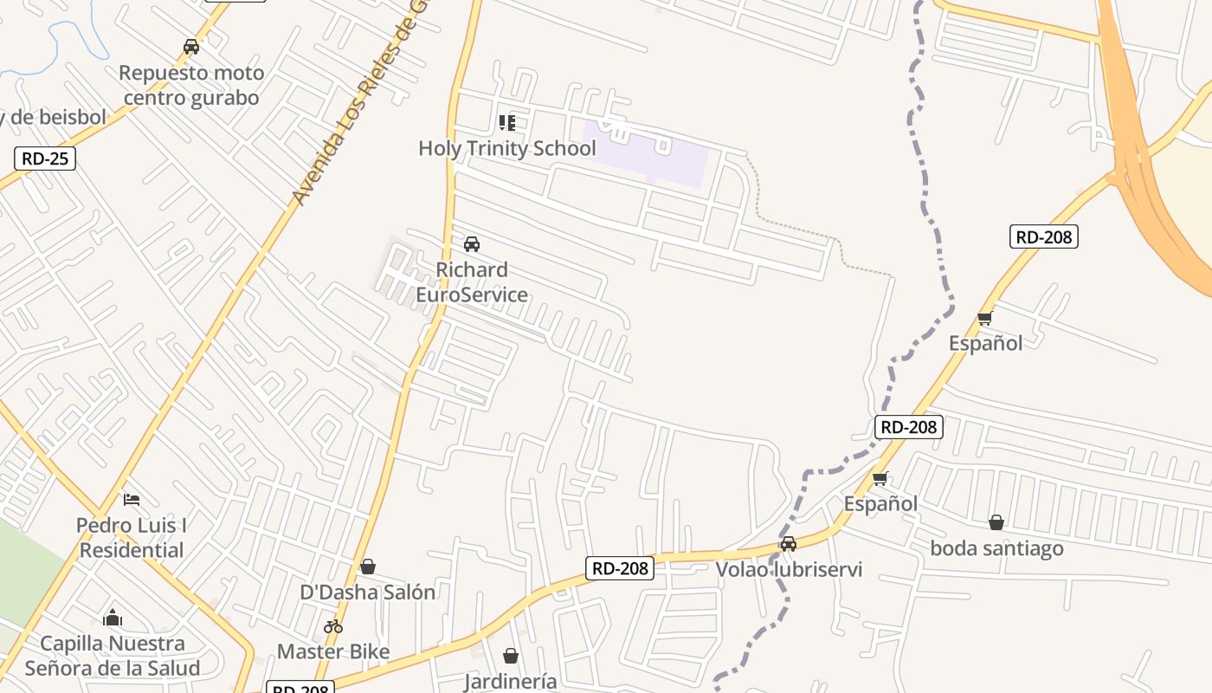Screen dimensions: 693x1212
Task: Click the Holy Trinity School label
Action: pos(507,148)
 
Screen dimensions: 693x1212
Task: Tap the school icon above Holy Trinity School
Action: pos(507,123)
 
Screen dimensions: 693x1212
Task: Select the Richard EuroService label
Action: pos(472,282)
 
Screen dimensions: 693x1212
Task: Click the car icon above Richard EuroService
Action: pos(472,244)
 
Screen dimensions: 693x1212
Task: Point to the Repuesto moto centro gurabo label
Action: pos(191,85)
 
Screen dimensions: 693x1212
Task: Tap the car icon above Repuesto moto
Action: pos(191,47)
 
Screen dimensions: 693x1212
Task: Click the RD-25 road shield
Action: pos(45,159)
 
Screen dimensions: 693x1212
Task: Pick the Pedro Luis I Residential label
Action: pos(132,538)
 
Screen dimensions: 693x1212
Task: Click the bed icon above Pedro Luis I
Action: pos(132,500)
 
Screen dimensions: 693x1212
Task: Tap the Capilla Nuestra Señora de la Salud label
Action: pos(113,656)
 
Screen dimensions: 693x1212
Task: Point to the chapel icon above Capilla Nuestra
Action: pos(113,618)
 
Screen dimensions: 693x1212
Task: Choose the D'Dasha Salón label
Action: pos(368,593)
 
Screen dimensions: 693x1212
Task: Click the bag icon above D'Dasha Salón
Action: pos(368,567)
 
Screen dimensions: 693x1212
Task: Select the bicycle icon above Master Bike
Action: pos(333,626)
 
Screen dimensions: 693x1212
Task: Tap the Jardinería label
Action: pos(511,682)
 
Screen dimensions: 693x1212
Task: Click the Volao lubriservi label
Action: pos(789,570)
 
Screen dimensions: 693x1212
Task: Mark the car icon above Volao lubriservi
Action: pos(789,544)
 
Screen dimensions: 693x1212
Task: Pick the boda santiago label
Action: pos(996,548)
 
